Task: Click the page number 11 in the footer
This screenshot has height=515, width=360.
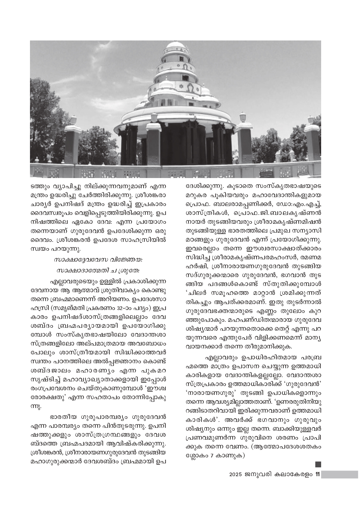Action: pyautogui.click(x=318, y=474)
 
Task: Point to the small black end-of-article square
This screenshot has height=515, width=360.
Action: pyautogui.click(x=318, y=464)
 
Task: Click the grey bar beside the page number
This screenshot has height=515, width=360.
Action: pyautogui.click(x=340, y=474)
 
